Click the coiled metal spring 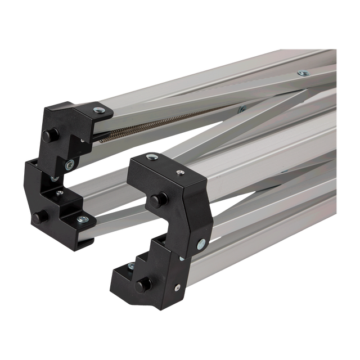(121, 132)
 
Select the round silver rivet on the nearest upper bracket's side (201, 244)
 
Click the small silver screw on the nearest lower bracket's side (177, 287)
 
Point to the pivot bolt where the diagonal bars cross (242, 109)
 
